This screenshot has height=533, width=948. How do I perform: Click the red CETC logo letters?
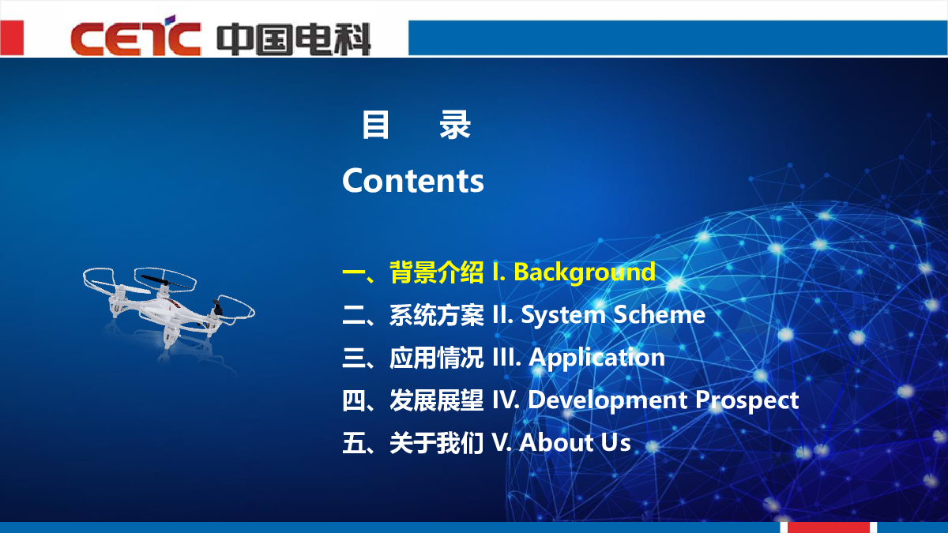click(135, 36)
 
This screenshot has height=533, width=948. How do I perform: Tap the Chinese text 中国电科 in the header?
click(294, 39)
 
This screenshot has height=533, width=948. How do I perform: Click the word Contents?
click(412, 181)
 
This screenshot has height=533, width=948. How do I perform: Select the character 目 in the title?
click(375, 125)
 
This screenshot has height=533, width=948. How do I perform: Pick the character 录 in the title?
click(455, 125)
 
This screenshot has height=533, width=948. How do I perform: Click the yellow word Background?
click(585, 272)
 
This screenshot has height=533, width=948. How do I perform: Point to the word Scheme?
click(660, 315)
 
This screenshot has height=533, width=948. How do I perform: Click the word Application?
click(596, 358)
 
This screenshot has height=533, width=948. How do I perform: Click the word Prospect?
click(747, 401)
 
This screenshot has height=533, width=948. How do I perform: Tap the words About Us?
click(575, 443)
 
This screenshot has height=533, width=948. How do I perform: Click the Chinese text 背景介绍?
click(436, 272)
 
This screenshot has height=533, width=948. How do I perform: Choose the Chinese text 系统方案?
click(436, 315)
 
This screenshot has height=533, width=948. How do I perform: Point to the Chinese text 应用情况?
click(436, 358)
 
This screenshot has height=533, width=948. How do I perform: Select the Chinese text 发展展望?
click(436, 400)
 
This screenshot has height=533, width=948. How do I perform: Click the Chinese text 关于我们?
click(436, 443)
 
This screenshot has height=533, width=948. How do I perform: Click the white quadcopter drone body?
click(169, 308)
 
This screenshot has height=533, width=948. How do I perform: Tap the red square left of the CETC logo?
click(12, 37)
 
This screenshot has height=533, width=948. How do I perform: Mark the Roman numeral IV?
click(506, 400)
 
